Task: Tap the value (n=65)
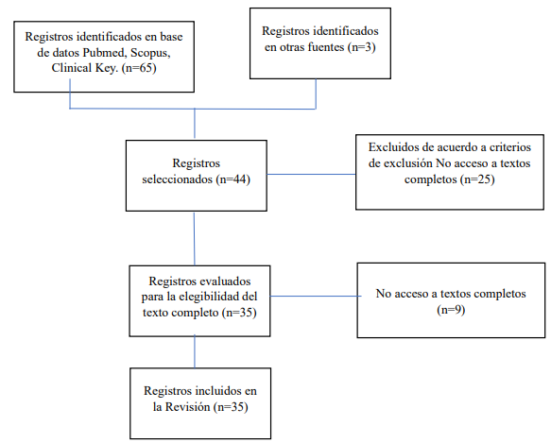click(139, 68)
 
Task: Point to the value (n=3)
click(362, 47)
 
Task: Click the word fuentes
click(326, 47)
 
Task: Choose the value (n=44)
click(232, 179)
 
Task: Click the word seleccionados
click(178, 179)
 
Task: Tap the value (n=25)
click(477, 179)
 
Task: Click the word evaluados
click(224, 281)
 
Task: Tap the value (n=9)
click(451, 310)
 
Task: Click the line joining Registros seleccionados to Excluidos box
click(311, 174)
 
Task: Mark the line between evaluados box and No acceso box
click(316, 297)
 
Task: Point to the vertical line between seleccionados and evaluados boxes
click(195, 239)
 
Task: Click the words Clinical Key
click(85, 68)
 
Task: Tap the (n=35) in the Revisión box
click(231, 407)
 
